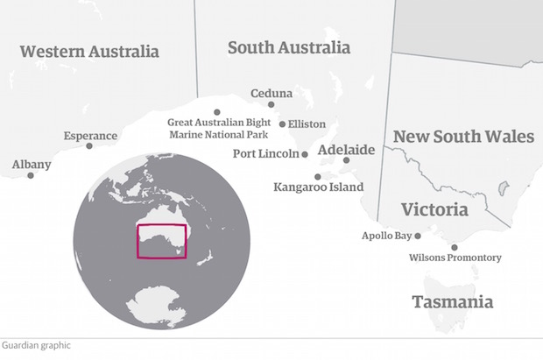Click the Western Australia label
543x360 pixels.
click(x=89, y=51)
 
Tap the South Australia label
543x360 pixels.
click(x=289, y=47)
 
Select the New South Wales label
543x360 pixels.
click(x=463, y=137)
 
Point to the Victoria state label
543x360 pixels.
click(x=434, y=210)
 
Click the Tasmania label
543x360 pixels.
click(x=452, y=302)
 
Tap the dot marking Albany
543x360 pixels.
click(x=31, y=175)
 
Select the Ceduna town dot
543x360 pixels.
click(x=271, y=104)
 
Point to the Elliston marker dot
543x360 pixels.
click(x=282, y=124)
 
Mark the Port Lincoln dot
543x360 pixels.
click(x=305, y=154)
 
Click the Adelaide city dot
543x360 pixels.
click(x=346, y=160)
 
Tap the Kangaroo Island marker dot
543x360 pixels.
click(x=318, y=176)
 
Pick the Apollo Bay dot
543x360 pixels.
click(x=418, y=236)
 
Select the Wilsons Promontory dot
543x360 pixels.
click(x=454, y=247)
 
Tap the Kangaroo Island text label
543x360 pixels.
click(x=318, y=187)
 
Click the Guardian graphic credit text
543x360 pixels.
click(x=36, y=346)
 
